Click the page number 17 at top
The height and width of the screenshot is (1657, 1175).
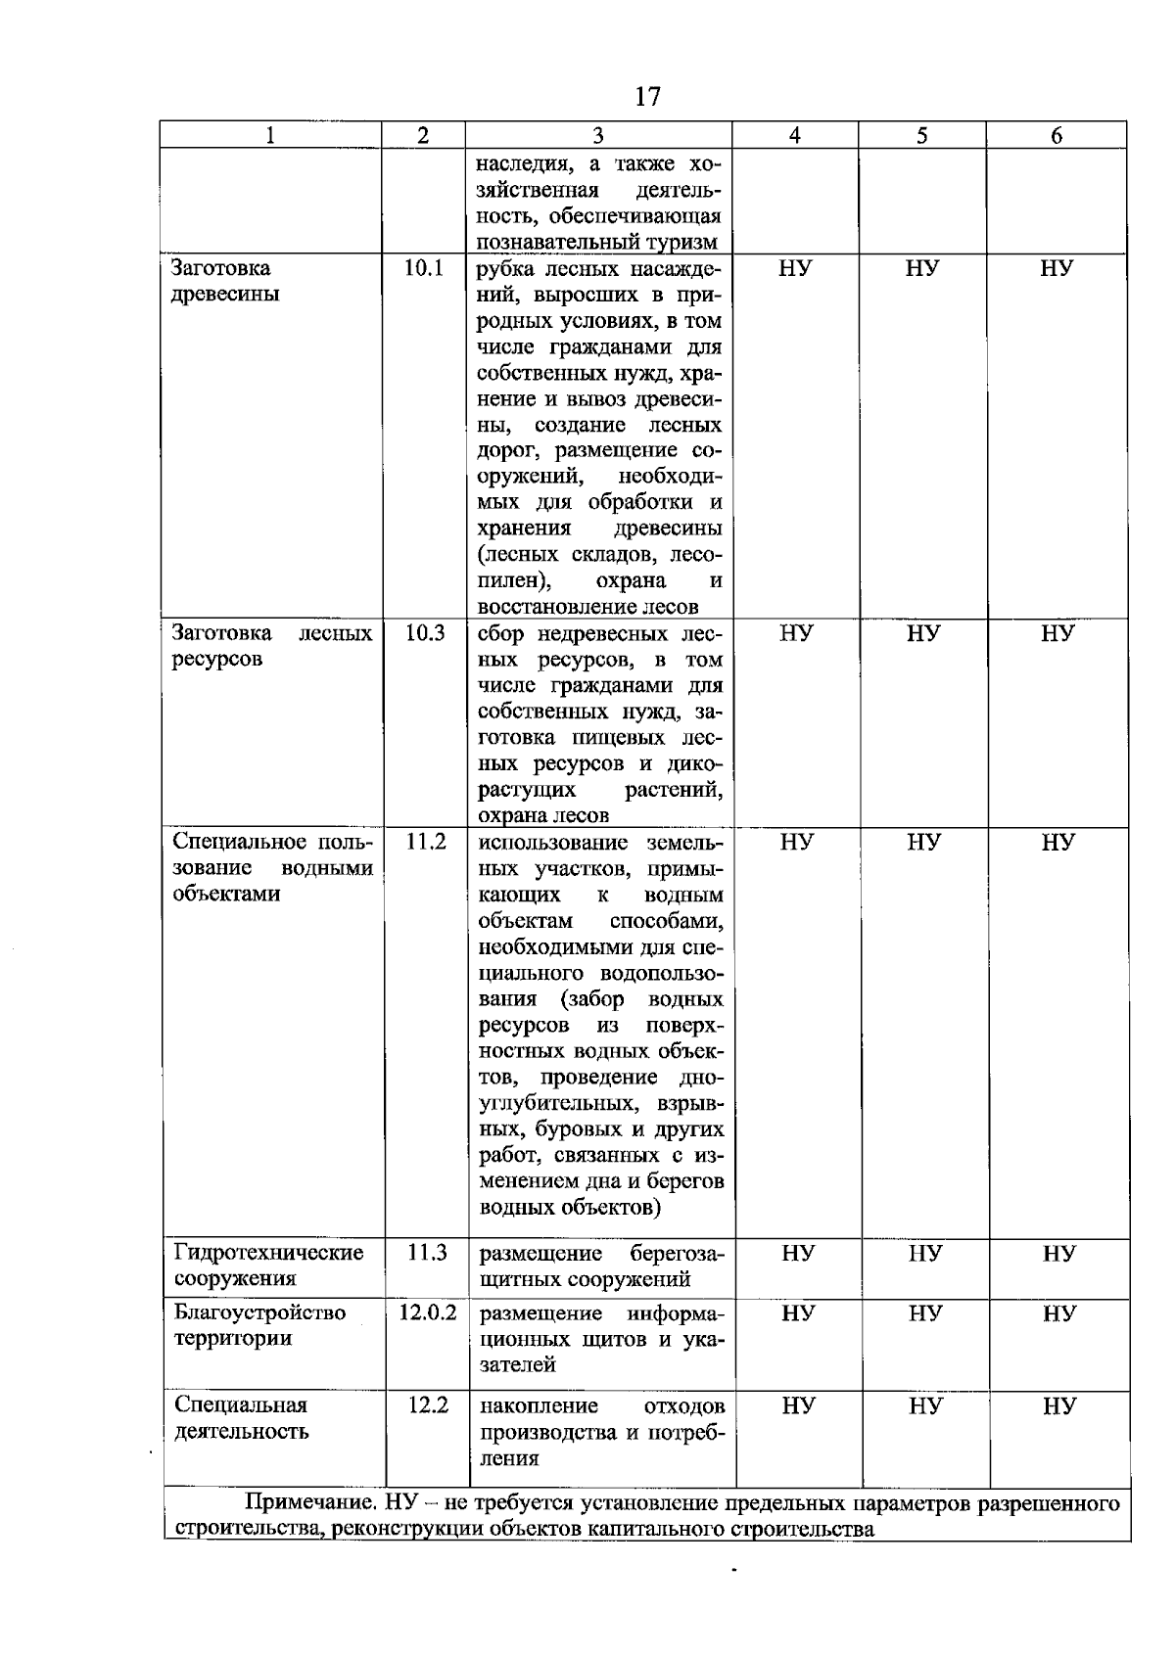[647, 96]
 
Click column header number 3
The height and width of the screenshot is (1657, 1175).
[598, 136]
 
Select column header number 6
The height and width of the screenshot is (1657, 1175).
[1057, 136]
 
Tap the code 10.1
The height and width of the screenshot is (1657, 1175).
[424, 268]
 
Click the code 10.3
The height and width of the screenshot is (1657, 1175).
[425, 633]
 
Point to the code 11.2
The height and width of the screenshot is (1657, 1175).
[426, 842]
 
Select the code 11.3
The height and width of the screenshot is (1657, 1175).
[427, 1252]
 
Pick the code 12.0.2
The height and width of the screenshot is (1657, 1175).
[427, 1312]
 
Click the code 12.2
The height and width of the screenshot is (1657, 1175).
[428, 1404]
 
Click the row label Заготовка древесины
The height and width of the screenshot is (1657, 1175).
[225, 281]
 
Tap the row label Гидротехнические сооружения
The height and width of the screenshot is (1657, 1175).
[268, 1265]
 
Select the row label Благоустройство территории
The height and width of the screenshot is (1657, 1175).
[259, 1324]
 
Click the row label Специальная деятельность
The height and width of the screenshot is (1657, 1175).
[241, 1417]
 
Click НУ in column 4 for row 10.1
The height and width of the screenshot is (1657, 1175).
[795, 268]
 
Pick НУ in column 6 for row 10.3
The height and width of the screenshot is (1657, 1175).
[1057, 633]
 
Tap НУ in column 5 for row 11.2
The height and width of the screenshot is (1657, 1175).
[923, 842]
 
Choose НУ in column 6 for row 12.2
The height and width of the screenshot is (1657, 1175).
[1059, 1406]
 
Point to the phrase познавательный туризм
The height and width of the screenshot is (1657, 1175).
[597, 242]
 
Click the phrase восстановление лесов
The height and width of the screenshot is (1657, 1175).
[587, 607]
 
